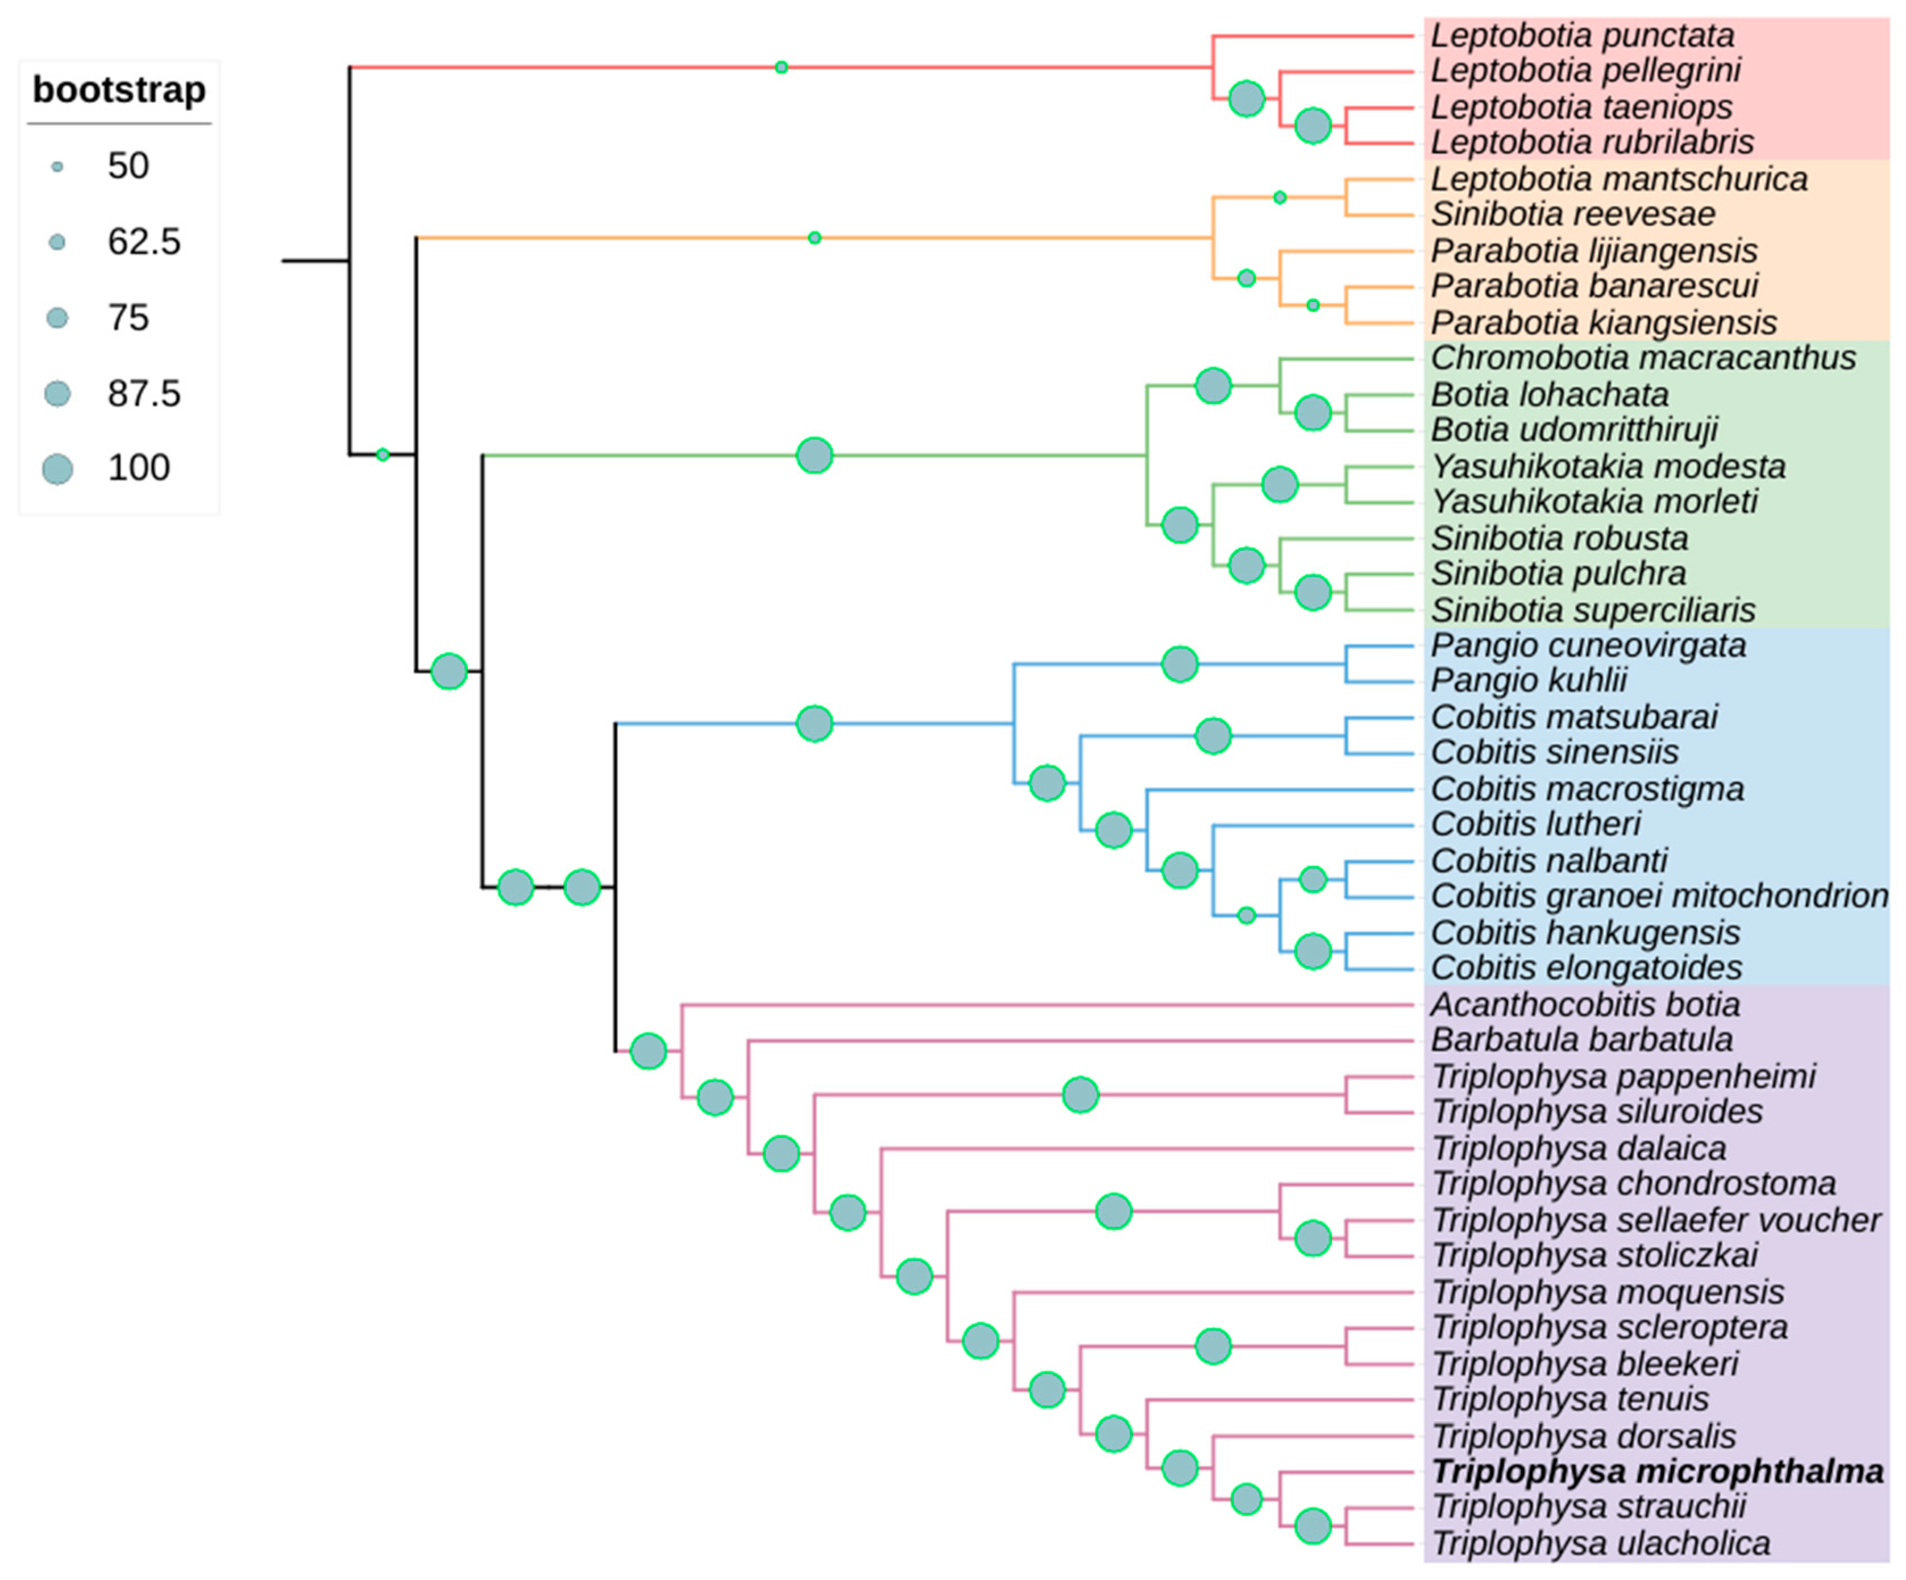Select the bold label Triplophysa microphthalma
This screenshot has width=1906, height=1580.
pyautogui.click(x=1658, y=1471)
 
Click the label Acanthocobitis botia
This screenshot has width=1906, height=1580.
pyautogui.click(x=1585, y=1005)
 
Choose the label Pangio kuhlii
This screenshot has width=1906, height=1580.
pyautogui.click(x=1529, y=680)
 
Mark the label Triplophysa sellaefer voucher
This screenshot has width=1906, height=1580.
pyautogui.click(x=1655, y=1221)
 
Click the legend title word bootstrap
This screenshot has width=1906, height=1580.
pyautogui.click(x=119, y=90)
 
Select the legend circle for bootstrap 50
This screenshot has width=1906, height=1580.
pyautogui.click(x=57, y=167)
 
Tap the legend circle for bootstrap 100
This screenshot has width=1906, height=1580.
pyautogui.click(x=57, y=469)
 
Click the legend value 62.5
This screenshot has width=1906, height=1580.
pyautogui.click(x=143, y=242)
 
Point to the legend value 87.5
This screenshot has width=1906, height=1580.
pyautogui.click(x=143, y=394)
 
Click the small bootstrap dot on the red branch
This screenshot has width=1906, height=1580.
pyautogui.click(x=782, y=67)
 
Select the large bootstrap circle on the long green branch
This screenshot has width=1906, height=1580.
pyautogui.click(x=814, y=455)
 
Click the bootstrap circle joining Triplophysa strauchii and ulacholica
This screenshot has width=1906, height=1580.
pyautogui.click(x=1313, y=1527)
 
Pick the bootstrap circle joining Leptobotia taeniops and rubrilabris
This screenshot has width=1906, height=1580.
pyautogui.click(x=1313, y=125)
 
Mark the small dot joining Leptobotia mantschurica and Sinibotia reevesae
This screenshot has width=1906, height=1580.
pyautogui.click(x=1280, y=197)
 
